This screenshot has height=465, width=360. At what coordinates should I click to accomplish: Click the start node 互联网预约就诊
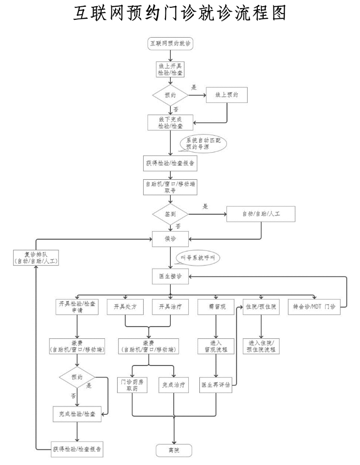coord(170,44)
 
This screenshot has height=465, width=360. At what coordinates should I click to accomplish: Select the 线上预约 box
coord(227,95)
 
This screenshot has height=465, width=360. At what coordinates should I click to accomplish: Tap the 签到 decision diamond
coord(170,213)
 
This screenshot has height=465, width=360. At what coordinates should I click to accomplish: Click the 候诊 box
coord(170,238)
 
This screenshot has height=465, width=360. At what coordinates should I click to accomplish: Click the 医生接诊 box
coord(170,276)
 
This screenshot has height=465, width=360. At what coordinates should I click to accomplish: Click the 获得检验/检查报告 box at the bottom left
coord(77,448)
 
